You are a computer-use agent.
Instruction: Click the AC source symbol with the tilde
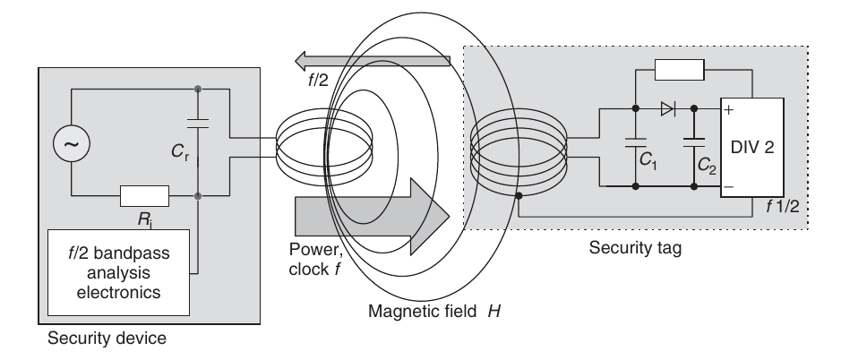[66, 142]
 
